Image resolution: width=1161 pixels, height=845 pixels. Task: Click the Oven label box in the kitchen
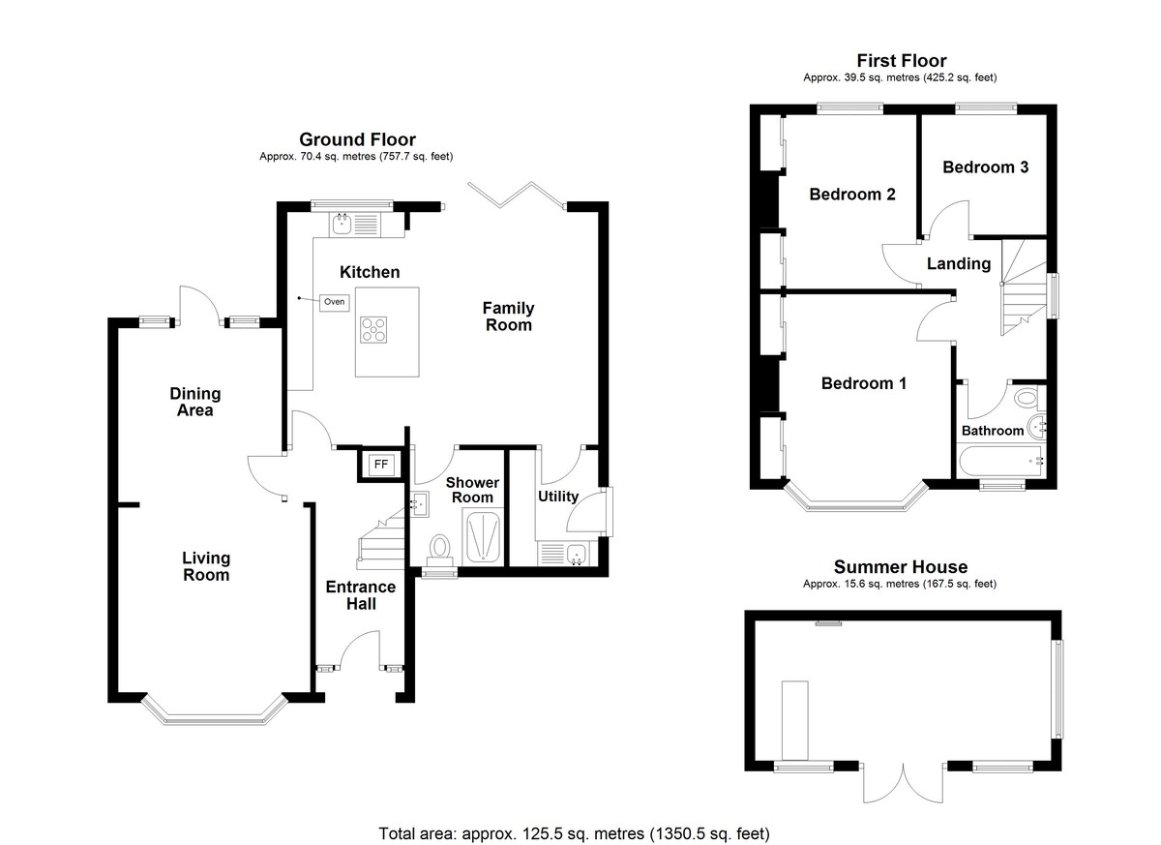[335, 302]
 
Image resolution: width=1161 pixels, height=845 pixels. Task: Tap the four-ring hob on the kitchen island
[373, 330]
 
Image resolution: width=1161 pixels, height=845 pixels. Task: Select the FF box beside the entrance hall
[381, 465]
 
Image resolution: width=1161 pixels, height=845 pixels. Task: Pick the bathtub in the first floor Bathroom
[1000, 461]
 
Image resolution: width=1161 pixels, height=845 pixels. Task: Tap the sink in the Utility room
[577, 555]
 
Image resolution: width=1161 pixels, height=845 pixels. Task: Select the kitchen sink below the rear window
[342, 225]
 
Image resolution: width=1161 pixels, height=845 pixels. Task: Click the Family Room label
[508, 317]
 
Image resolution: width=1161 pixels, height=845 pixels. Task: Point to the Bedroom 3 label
[985, 166]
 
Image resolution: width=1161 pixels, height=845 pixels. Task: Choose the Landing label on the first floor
[959, 264]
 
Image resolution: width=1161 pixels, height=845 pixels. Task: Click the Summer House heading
[901, 566]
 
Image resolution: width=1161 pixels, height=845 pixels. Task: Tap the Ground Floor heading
[357, 139]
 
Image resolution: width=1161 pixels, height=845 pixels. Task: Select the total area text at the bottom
[575, 833]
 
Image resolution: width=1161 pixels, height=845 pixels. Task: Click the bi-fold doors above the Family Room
[517, 196]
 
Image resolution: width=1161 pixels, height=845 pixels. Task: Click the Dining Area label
[194, 402]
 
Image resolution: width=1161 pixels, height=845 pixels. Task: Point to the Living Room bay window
[214, 710]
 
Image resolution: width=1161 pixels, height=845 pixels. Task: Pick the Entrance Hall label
[361, 595]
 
